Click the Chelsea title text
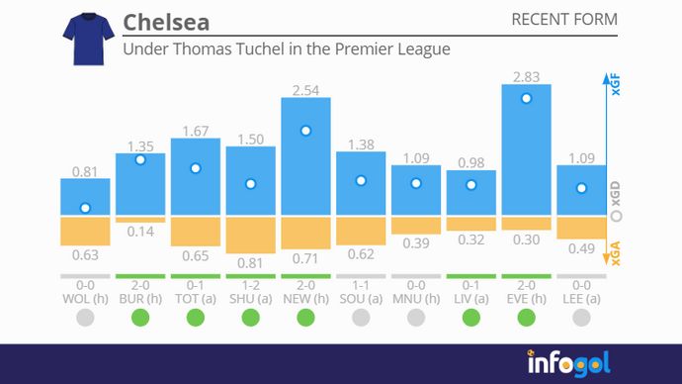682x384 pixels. click(x=166, y=22)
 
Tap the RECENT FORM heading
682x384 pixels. click(x=563, y=20)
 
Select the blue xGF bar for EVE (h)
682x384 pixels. click(x=527, y=148)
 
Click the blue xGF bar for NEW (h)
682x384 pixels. click(x=305, y=156)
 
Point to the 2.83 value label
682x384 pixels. click(x=527, y=76)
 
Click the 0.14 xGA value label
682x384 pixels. click(x=140, y=232)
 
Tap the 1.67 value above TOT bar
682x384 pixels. click(x=195, y=131)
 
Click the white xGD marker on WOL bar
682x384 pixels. click(x=85, y=208)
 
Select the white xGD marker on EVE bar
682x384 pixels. click(x=527, y=98)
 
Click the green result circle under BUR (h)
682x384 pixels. click(x=140, y=318)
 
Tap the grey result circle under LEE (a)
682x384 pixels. click(x=581, y=318)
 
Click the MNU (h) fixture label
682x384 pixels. click(x=416, y=296)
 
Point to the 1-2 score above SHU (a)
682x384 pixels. click(x=250, y=284)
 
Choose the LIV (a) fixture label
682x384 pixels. click(x=471, y=296)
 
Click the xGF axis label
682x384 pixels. click(x=615, y=85)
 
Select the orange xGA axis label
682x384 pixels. click(x=615, y=256)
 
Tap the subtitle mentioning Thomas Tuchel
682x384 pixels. click(x=286, y=48)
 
